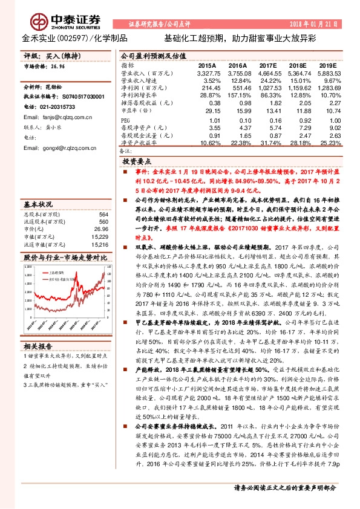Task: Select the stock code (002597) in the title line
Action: pos(72,38)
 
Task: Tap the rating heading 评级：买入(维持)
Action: pos(48,56)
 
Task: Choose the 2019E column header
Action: pos(328,65)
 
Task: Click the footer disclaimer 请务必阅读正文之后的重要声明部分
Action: pos(285,488)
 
